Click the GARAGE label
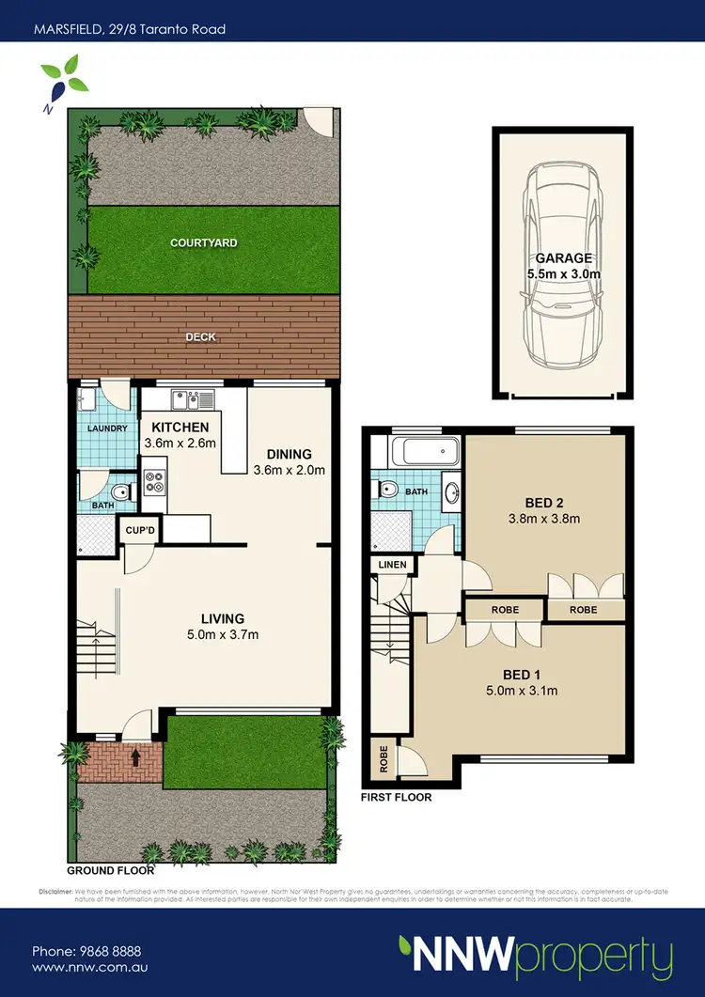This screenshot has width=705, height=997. [x=563, y=257]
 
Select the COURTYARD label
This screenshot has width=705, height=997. [x=203, y=242]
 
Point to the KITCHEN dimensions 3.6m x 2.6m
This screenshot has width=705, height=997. [x=180, y=444]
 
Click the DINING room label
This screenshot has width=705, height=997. [x=289, y=454]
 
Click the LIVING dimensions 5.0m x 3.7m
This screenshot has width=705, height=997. [x=223, y=634]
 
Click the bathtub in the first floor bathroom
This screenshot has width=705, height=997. [x=425, y=452]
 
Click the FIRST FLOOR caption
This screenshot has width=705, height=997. [x=397, y=798]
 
